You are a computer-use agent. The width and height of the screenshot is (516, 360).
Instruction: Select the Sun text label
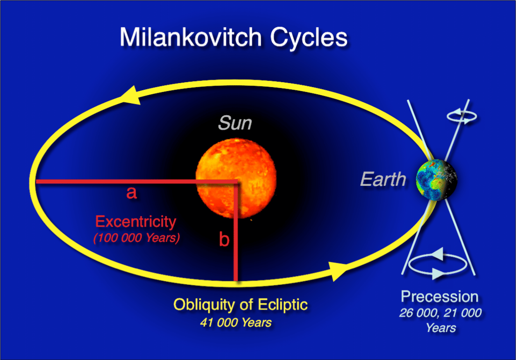pyautogui.click(x=235, y=123)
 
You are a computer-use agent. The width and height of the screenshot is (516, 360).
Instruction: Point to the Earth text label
pyautogui.click(x=383, y=179)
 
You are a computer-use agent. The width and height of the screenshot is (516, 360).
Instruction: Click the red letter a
pyautogui.click(x=132, y=193)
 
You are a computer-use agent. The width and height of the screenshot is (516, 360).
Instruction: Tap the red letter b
pyautogui.click(x=224, y=240)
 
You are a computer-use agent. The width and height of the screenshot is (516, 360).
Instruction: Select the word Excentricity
pyautogui.click(x=136, y=222)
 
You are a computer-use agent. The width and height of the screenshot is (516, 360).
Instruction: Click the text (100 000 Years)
pyautogui.click(x=136, y=238)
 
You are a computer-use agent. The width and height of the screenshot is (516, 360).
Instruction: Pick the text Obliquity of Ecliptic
pyautogui.click(x=240, y=305)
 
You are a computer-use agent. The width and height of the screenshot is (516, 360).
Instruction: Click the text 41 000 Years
pyautogui.click(x=235, y=322)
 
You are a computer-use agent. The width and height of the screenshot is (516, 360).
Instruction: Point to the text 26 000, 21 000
pyautogui.click(x=440, y=313)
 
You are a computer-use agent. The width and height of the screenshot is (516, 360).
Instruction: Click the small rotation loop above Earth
pyautogui.click(x=463, y=116)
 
